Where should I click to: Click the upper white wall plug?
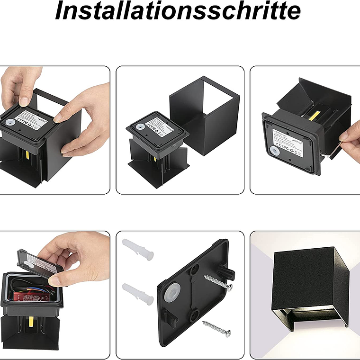[137, 250]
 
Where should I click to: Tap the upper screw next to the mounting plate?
[218, 282]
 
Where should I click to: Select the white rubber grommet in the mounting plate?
[175, 294]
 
